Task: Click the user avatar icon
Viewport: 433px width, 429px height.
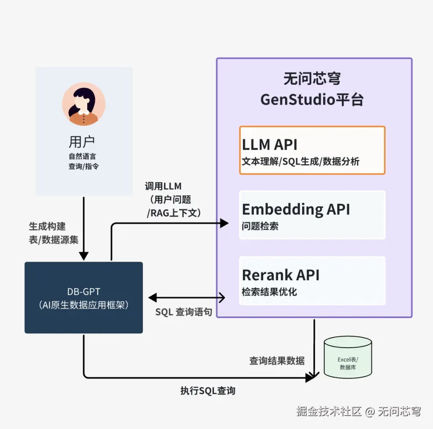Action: click(x=84, y=104)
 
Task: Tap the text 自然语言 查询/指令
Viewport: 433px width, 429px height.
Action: click(x=82, y=161)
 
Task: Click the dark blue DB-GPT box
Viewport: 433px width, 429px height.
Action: click(x=84, y=297)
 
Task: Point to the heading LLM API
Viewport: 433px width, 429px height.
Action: click(x=270, y=144)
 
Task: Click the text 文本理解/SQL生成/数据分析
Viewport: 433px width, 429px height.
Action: click(x=300, y=162)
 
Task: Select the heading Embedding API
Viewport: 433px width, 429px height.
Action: click(x=296, y=209)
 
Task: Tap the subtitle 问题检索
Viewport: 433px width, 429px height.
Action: click(x=260, y=226)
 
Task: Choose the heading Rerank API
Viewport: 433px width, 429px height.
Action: click(x=281, y=275)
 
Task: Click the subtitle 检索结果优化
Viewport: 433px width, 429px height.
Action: click(x=269, y=292)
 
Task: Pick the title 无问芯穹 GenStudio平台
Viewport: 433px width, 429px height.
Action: click(x=312, y=89)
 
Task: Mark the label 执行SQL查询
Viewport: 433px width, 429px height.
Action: click(x=208, y=391)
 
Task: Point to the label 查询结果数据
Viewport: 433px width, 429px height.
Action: click(x=277, y=360)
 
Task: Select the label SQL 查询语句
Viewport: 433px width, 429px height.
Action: click(x=184, y=313)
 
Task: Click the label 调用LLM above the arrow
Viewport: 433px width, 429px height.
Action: click(x=163, y=186)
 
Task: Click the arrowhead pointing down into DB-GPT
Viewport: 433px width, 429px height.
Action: click(x=84, y=256)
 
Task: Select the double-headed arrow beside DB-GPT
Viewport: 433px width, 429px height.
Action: click(x=187, y=298)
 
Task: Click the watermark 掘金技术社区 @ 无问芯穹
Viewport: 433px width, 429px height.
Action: click(x=359, y=411)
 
